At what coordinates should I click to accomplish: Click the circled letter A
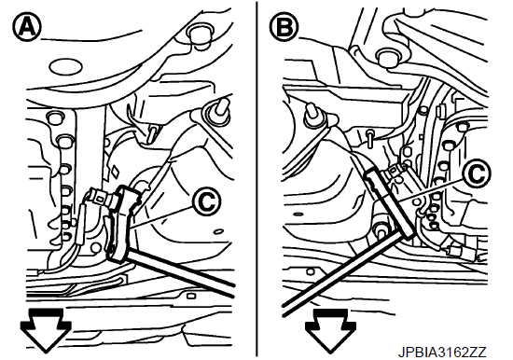coord(27,27)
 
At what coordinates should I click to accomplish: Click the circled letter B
coord(284,27)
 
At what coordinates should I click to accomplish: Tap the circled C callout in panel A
coord(207,202)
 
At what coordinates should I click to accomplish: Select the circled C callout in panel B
coord(477,173)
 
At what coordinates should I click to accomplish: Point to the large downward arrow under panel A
coord(46,330)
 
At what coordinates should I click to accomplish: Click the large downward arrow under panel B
coord(330,330)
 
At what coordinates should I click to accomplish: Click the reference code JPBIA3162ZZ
coord(442,353)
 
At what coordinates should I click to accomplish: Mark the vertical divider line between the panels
coord(256,179)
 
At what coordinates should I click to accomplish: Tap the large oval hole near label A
coord(65,67)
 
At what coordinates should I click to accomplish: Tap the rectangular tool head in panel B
coord(389,203)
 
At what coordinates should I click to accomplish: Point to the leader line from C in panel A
coord(161,217)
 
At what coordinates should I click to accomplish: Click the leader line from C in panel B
coord(431,190)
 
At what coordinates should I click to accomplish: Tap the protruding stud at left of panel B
coord(313,117)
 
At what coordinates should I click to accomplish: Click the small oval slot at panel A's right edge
coord(218,231)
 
